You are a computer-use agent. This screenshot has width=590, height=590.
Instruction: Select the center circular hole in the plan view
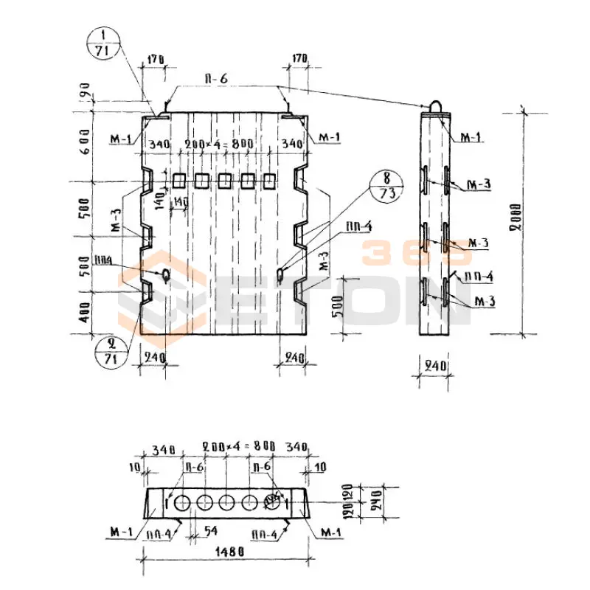pos(226,503)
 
